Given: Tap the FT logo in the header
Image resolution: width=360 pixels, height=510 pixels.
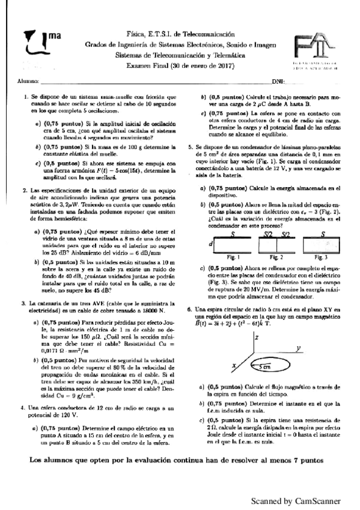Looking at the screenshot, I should [x=313, y=48].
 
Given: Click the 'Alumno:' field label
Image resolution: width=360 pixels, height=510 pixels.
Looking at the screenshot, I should [x=28, y=80].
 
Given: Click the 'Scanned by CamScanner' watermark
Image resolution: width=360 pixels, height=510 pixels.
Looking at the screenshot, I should [x=296, y=500].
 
